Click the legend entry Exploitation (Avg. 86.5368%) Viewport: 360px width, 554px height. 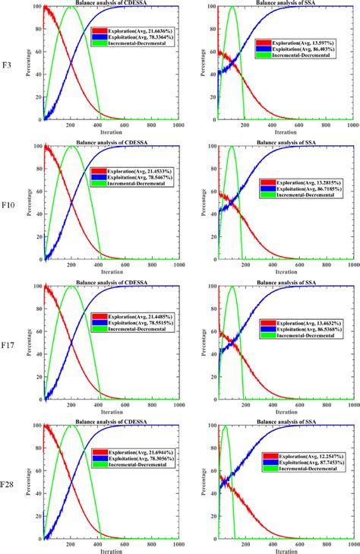(x=313, y=331)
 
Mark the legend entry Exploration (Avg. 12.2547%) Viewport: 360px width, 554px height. (x=313, y=455)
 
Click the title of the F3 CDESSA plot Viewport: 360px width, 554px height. (x=112, y=5)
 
